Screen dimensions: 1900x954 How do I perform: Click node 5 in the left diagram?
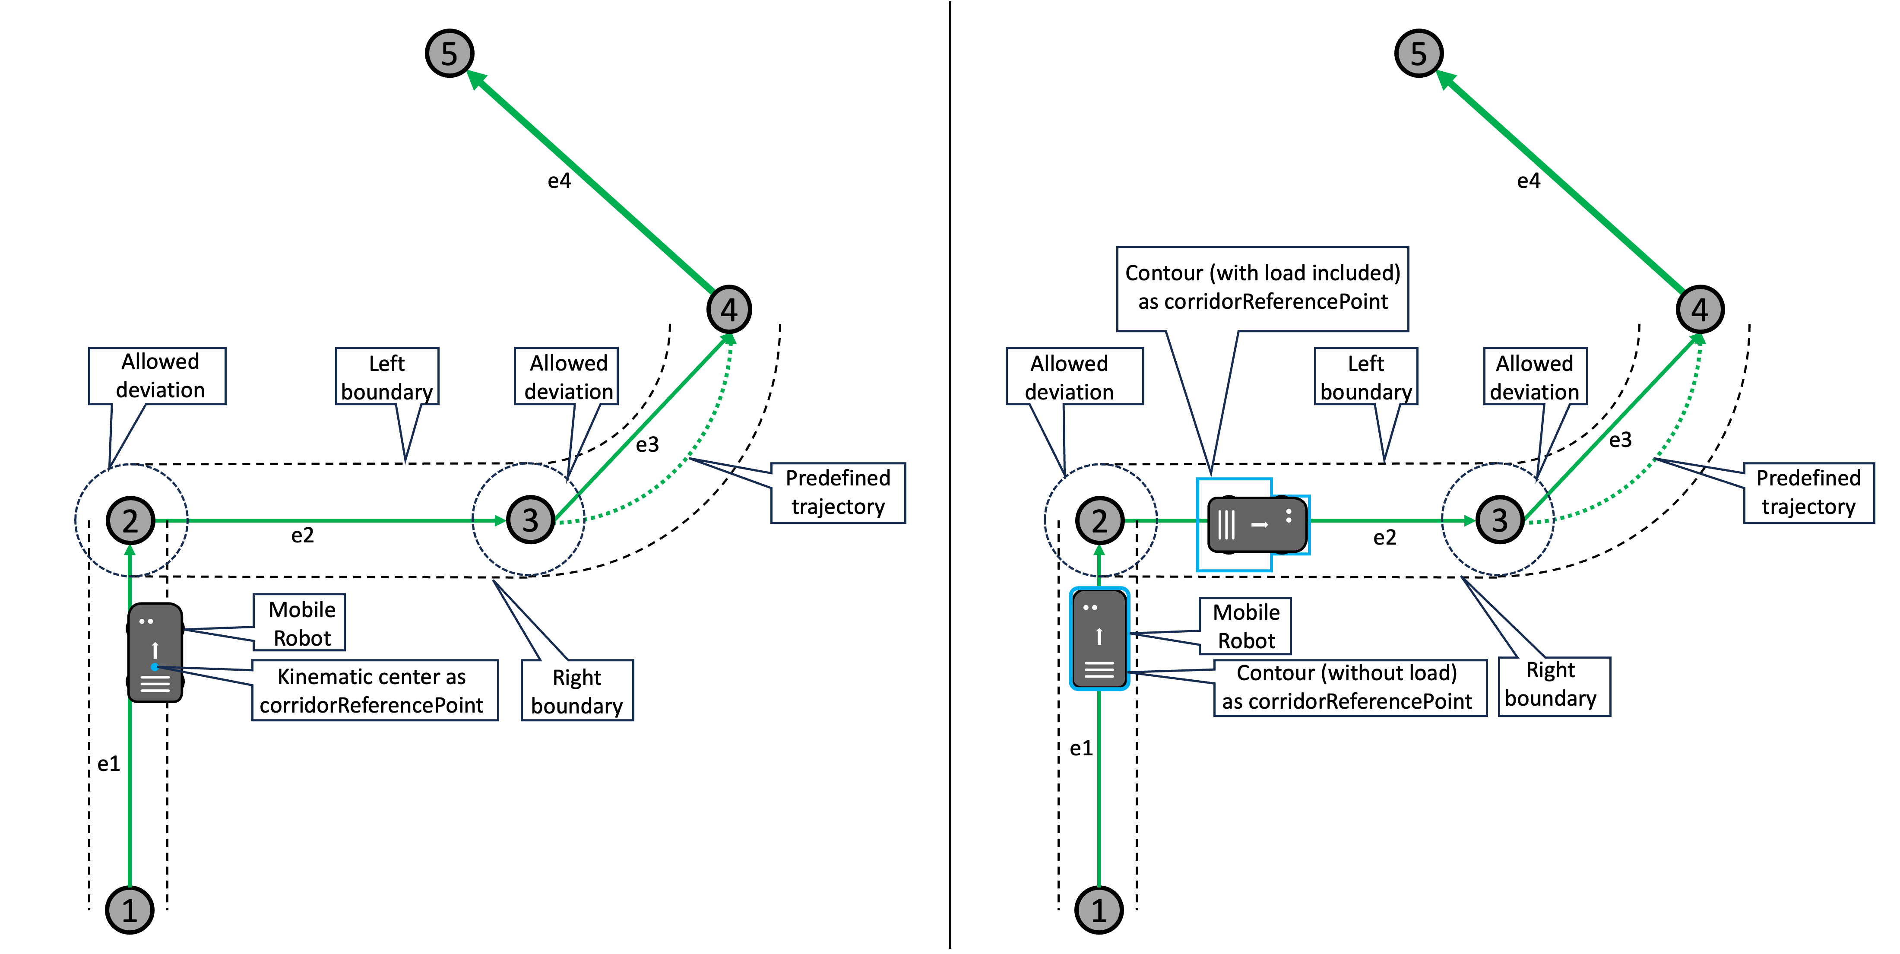pos(449,53)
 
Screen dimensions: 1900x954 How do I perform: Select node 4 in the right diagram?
pos(1700,309)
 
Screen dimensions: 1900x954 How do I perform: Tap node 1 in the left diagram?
pos(130,910)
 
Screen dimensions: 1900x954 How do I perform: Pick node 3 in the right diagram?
pos(1500,520)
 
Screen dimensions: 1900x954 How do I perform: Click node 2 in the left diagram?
pos(130,520)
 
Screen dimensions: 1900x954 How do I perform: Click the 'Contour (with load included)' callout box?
pos(1262,288)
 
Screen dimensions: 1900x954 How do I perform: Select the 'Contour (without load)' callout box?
pos(1350,687)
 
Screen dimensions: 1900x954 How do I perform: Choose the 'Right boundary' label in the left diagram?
pos(577,691)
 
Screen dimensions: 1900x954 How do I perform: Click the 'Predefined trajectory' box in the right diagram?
pos(1808,493)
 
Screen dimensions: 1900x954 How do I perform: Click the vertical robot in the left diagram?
pos(155,652)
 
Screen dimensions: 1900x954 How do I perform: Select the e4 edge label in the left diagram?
pos(559,181)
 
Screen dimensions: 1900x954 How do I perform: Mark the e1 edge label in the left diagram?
pos(108,764)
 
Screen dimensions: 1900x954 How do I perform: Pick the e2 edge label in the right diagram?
pos(1384,537)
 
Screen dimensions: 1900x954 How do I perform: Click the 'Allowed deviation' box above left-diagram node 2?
pos(157,376)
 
